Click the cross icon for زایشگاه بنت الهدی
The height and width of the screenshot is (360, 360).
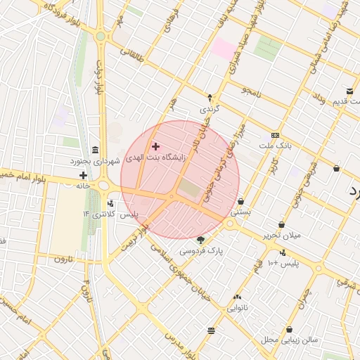pos(155,146)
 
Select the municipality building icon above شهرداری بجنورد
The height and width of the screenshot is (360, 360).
pos(95,150)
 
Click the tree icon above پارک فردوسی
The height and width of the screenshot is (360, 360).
pos(201,240)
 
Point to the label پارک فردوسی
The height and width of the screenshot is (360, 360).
pos(200,250)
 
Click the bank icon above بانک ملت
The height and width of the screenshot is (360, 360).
pos(275,135)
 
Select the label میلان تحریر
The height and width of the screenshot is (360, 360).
pos(281,235)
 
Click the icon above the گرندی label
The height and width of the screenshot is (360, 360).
pos(210,98)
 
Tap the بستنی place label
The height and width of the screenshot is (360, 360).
pos(241,211)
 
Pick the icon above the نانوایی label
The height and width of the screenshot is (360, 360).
pos(237,297)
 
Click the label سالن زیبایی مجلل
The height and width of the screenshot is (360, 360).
pos(290,340)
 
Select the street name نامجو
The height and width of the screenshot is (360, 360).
pos(252,91)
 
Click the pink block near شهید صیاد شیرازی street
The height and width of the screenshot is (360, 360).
pos(225,48)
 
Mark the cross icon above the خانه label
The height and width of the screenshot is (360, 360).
pos(83,175)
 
